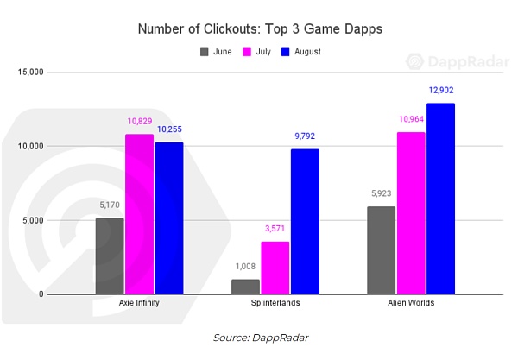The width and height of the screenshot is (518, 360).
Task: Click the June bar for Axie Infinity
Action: coord(110,256)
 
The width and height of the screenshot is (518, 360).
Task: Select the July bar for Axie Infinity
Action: coord(139,214)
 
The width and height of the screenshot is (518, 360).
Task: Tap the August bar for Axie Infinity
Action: coord(169,218)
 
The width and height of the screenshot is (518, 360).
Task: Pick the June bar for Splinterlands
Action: coord(245,287)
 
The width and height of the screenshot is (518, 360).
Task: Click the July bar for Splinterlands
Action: coord(275,268)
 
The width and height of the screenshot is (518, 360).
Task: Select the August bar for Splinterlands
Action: coord(305,222)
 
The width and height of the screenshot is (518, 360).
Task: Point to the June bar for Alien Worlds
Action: coord(381,250)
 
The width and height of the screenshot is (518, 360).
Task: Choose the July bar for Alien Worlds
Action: coord(411,213)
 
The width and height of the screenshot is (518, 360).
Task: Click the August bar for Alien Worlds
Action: coord(440,199)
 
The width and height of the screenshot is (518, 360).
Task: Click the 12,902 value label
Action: coord(440,90)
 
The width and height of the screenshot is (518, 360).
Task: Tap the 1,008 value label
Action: coord(245,267)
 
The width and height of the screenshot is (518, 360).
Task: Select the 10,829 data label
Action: coord(139,122)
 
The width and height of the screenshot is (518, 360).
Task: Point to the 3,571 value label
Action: coord(275,229)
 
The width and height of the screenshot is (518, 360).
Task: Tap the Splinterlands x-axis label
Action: coord(275,304)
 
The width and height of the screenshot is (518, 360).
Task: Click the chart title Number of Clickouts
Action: coord(259,29)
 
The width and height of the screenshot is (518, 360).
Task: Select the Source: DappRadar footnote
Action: coord(259,338)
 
